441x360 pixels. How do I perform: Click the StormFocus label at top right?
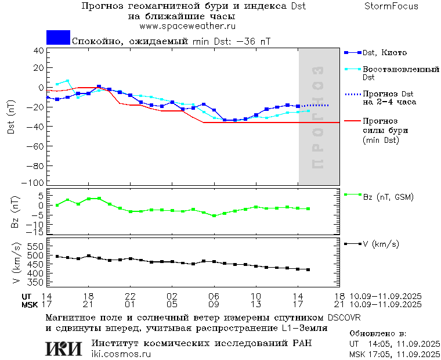click(392, 6)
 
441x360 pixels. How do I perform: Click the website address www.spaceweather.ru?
click(187, 26)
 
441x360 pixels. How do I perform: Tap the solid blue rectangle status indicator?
click(58, 37)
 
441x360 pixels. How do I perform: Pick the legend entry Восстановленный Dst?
click(400, 73)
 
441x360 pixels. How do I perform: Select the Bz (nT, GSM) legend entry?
click(388, 197)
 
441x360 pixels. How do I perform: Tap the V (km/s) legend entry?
click(381, 244)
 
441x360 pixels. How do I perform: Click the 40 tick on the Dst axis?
click(39, 51)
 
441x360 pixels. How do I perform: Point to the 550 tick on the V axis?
click(35, 246)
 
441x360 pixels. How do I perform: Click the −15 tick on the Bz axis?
click(36, 232)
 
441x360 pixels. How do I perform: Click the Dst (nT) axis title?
click(11, 118)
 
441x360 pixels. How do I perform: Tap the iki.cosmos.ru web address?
click(121, 354)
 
